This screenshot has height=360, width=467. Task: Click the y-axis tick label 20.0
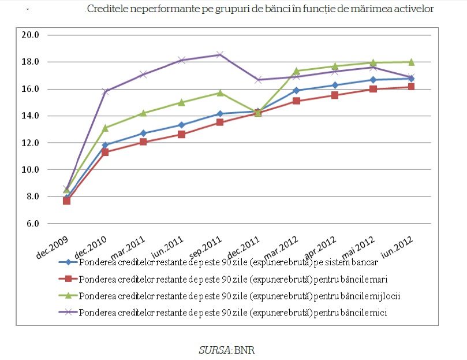coord(29,35)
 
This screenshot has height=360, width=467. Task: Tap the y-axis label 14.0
coord(29,116)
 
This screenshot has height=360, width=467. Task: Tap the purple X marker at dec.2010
coord(105,91)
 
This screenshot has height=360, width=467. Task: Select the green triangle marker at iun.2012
coord(412,62)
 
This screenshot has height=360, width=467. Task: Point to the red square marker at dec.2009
coord(67,201)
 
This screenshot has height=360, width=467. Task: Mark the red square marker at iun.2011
coord(182,134)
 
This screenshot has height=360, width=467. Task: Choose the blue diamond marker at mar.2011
coord(143,133)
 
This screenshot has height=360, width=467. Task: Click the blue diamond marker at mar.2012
coord(297,90)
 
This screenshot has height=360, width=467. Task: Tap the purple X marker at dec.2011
coord(258,80)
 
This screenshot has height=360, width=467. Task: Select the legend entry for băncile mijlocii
coord(240,296)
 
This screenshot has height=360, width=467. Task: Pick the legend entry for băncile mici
coord(233,313)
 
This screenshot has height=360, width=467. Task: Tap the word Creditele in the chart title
coord(106,9)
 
